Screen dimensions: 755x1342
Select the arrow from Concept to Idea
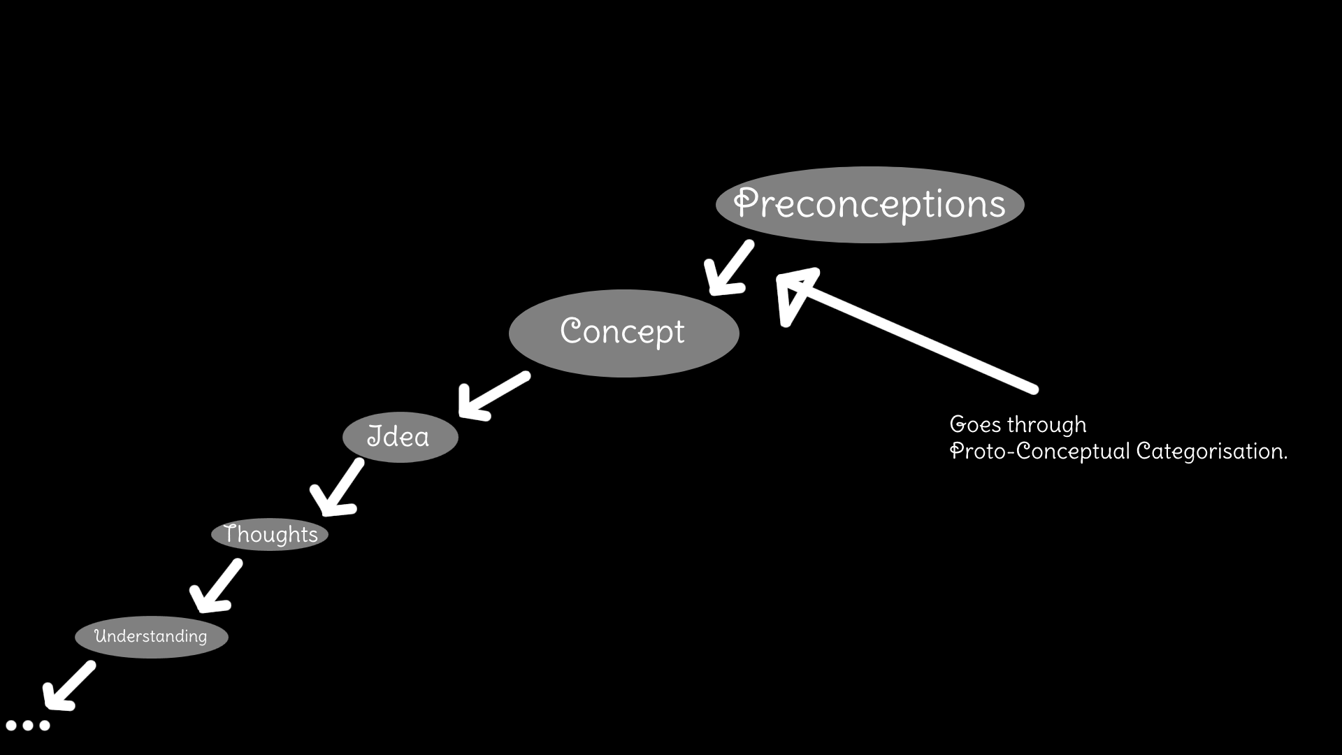(493, 395)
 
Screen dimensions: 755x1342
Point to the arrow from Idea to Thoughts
(337, 487)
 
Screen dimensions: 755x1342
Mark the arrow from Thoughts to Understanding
(216, 586)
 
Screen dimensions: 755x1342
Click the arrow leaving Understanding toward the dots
(68, 686)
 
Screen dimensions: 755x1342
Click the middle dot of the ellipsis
(28, 725)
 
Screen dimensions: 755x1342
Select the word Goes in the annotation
(975, 424)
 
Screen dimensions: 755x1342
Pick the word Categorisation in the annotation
(1211, 452)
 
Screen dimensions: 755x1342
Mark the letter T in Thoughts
(232, 533)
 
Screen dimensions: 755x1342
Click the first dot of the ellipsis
(11, 725)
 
